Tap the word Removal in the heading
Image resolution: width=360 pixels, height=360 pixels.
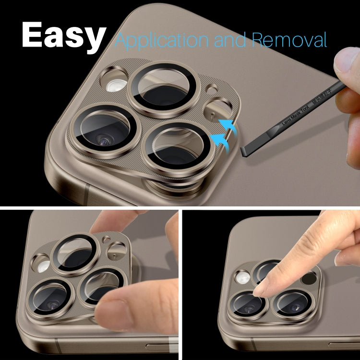(x=289, y=39)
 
